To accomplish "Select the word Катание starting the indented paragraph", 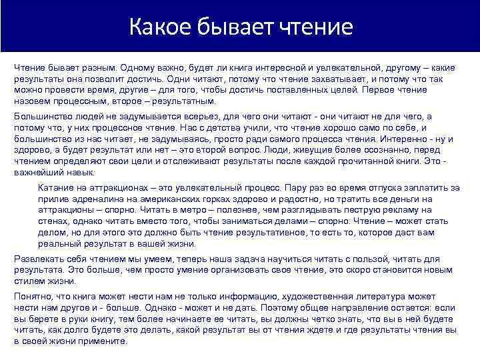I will [x=57, y=188].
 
